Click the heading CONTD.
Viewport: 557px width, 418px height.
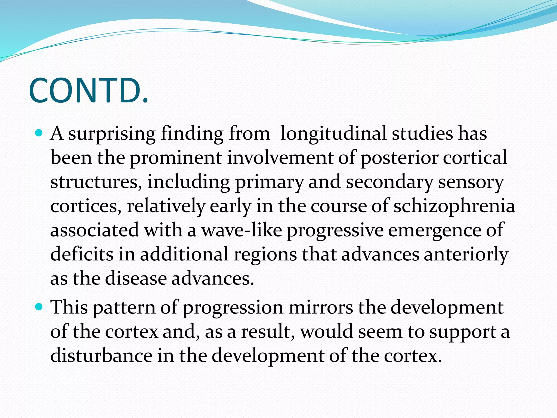(89, 91)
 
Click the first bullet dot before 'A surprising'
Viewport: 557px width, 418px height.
(39, 133)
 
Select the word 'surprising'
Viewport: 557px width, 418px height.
(112, 134)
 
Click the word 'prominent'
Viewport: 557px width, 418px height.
(176, 158)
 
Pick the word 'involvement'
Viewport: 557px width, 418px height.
(280, 158)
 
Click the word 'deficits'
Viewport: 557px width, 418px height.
(82, 254)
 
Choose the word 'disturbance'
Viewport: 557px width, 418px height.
(101, 356)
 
